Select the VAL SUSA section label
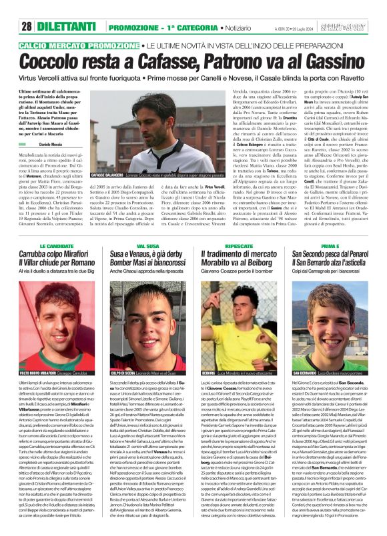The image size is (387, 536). click(147, 247)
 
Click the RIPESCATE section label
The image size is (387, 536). click(239, 247)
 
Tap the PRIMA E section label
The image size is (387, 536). click(330, 247)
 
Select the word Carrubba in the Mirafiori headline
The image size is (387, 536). click(41, 255)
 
